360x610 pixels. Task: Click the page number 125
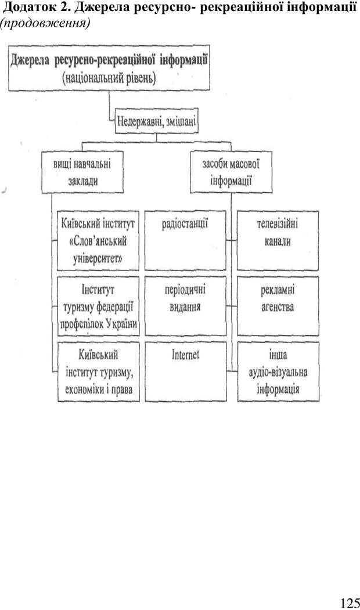click(x=350, y=602)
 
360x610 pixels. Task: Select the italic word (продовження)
click(x=46, y=23)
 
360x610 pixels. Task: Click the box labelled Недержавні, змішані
click(x=157, y=121)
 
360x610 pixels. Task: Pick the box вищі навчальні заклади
click(x=82, y=172)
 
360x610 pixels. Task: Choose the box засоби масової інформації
click(x=231, y=172)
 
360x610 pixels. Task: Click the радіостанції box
click(x=185, y=240)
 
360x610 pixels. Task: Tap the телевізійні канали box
click(x=278, y=240)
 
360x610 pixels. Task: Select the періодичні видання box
click(x=185, y=306)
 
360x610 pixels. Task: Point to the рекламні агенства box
click(x=278, y=306)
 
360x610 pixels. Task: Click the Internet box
click(x=186, y=371)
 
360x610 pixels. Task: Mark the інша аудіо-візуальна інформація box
click(x=278, y=371)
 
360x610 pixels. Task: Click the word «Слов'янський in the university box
click(x=98, y=241)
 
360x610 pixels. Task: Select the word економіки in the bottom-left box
click(x=82, y=389)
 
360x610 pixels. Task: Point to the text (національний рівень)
click(x=109, y=78)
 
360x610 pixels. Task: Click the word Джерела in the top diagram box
click(x=31, y=61)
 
